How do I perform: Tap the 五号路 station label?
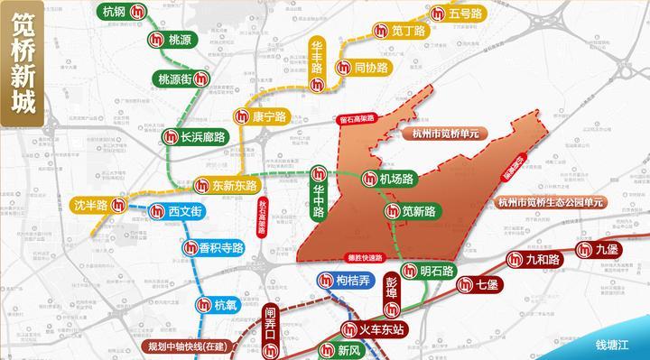tap(465, 14)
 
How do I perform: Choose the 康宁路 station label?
tap(268, 116)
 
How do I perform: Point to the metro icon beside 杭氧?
tap(205, 306)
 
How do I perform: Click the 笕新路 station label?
tap(419, 212)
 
